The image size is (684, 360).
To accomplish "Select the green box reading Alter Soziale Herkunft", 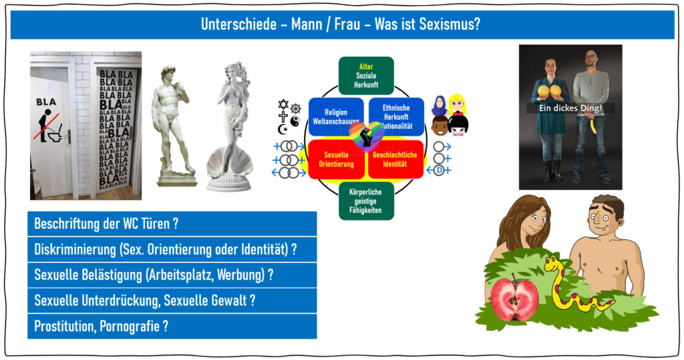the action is [x=366, y=75].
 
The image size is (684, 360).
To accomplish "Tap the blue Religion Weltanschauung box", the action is [x=335, y=116].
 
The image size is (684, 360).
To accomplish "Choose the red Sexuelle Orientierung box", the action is [x=336, y=159].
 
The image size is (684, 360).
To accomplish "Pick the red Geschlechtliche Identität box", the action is [x=395, y=159].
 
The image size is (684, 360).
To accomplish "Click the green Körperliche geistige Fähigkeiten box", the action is [x=366, y=201].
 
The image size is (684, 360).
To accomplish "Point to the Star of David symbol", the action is [x=283, y=105].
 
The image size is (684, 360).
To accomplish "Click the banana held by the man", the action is [x=594, y=126].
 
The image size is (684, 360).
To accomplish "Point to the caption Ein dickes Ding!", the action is [x=570, y=108].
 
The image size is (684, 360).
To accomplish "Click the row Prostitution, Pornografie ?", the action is [x=172, y=327].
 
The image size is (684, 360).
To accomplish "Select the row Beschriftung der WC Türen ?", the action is [x=172, y=224].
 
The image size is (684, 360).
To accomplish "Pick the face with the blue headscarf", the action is [x=439, y=105].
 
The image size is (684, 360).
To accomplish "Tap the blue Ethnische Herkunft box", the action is [x=396, y=116].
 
